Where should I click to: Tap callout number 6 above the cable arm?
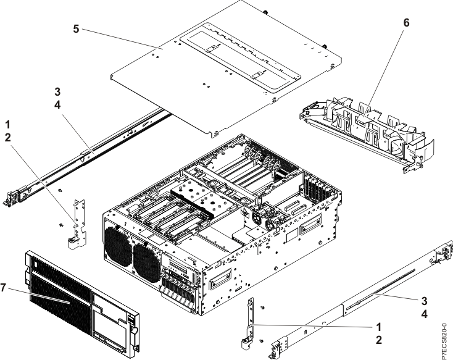tap(405, 23)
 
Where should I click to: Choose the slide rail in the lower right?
tap(358, 303)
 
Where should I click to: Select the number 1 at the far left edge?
tap(7, 125)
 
